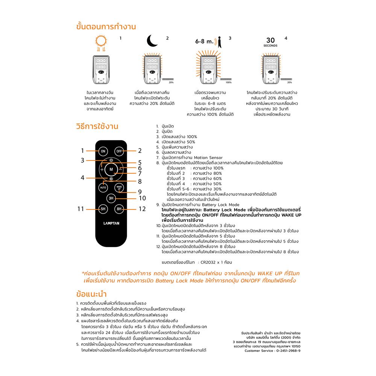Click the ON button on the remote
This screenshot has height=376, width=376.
103,151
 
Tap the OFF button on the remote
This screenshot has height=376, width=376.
119,151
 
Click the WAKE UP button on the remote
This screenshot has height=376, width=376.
119,187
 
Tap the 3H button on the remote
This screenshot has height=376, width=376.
111,198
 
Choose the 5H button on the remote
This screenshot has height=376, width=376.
103,209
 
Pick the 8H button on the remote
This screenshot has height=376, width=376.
119,209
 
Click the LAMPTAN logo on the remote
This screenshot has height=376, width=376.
111,223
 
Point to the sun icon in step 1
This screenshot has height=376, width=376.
100,42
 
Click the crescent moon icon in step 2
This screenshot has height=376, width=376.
152,40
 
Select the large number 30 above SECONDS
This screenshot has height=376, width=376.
271,40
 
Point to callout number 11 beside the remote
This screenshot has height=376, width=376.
80,209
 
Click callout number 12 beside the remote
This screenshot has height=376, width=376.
141,209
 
